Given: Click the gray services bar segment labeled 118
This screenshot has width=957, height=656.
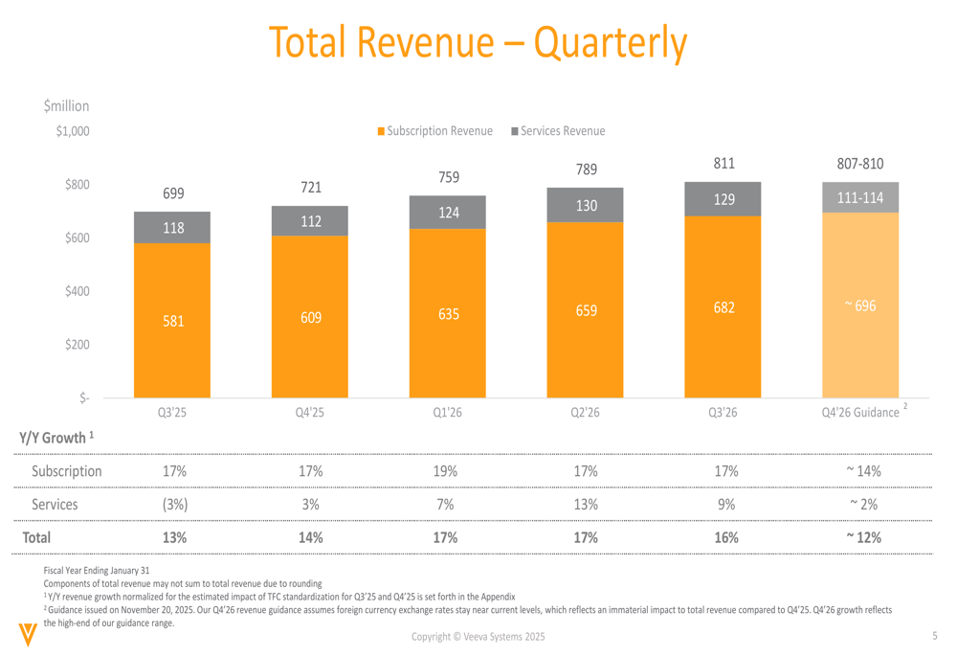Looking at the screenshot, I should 172,227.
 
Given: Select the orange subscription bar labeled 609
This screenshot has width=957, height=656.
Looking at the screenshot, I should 310,317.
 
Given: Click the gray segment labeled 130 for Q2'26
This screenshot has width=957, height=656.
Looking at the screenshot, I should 586,205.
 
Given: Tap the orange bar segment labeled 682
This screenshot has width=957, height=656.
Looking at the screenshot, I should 723,308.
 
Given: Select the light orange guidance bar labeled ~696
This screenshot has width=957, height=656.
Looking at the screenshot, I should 860,305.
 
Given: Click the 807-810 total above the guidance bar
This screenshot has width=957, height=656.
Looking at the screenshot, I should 860,164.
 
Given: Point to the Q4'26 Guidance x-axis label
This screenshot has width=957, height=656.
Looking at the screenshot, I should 860,413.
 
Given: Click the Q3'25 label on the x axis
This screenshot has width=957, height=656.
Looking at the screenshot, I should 172,413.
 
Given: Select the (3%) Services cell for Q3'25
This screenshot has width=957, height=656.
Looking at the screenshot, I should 172,504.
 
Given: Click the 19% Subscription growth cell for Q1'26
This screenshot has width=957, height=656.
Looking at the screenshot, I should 448,471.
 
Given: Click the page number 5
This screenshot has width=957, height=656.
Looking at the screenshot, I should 934,637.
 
